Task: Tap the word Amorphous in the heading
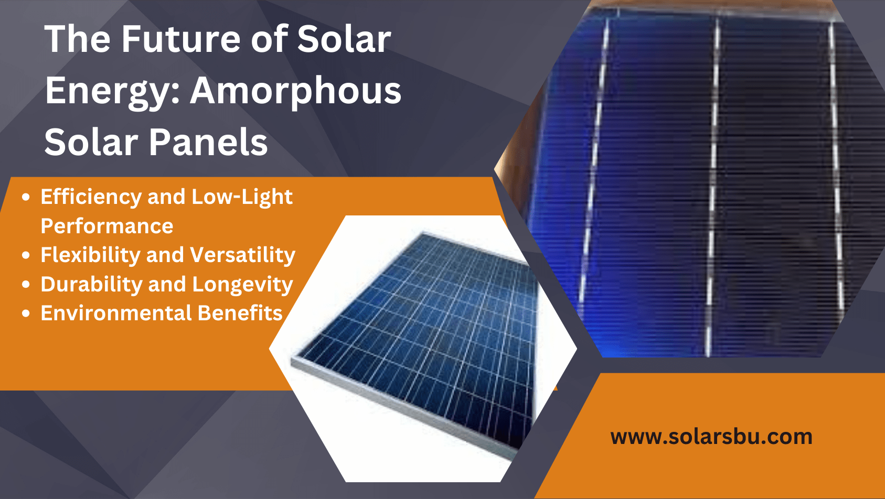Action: pos(295,91)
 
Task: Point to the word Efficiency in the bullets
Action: pos(91,197)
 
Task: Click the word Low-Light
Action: pos(242,197)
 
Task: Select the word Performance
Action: pos(107,226)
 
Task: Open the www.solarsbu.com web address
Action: pos(711,437)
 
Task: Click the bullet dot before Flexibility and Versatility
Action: pos(26,256)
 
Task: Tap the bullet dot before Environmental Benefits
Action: pos(26,314)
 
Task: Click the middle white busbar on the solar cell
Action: pos(713,183)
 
